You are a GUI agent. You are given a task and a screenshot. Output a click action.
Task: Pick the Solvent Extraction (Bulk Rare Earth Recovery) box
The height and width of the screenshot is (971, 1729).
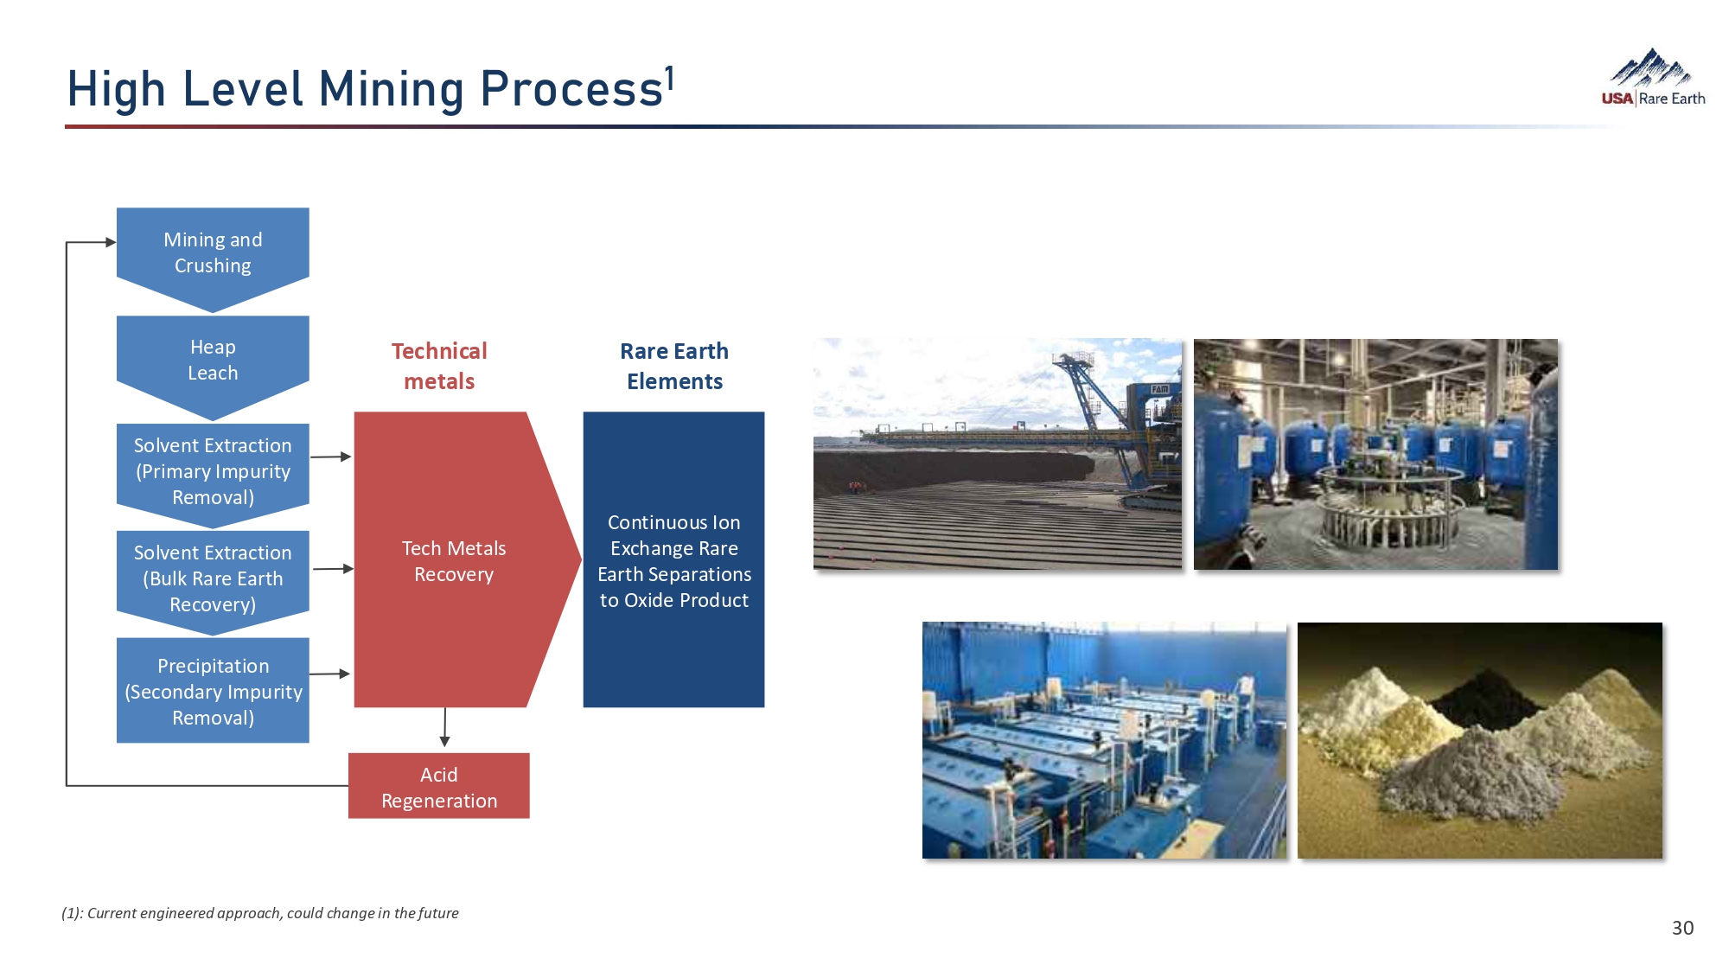(x=213, y=580)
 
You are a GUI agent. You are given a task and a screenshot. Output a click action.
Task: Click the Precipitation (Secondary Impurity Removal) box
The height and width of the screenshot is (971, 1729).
(x=213, y=691)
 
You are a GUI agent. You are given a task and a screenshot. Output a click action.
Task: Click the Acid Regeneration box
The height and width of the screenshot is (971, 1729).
(x=439, y=786)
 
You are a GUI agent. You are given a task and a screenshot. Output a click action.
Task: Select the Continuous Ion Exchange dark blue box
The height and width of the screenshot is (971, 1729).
(x=673, y=559)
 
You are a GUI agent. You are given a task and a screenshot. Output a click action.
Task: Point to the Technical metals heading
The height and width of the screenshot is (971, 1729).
(x=439, y=366)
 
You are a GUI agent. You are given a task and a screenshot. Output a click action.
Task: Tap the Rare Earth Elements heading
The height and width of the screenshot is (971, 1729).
(x=674, y=366)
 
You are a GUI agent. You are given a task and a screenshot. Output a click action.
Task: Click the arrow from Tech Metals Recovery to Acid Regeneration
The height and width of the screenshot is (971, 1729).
(x=444, y=727)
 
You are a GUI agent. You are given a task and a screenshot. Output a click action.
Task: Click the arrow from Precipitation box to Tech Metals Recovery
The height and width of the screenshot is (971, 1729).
(x=330, y=674)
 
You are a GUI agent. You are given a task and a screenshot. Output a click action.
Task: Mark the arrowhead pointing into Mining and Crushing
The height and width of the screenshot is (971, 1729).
(x=111, y=242)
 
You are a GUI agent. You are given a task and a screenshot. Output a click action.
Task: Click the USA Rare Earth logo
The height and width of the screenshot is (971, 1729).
(x=1653, y=78)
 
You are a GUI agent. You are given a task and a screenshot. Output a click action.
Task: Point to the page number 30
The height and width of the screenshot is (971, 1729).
(x=1682, y=928)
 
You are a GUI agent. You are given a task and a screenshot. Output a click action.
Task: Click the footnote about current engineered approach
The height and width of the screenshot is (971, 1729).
(x=260, y=913)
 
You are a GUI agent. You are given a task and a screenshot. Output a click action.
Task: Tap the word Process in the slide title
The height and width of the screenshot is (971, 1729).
(x=571, y=89)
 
